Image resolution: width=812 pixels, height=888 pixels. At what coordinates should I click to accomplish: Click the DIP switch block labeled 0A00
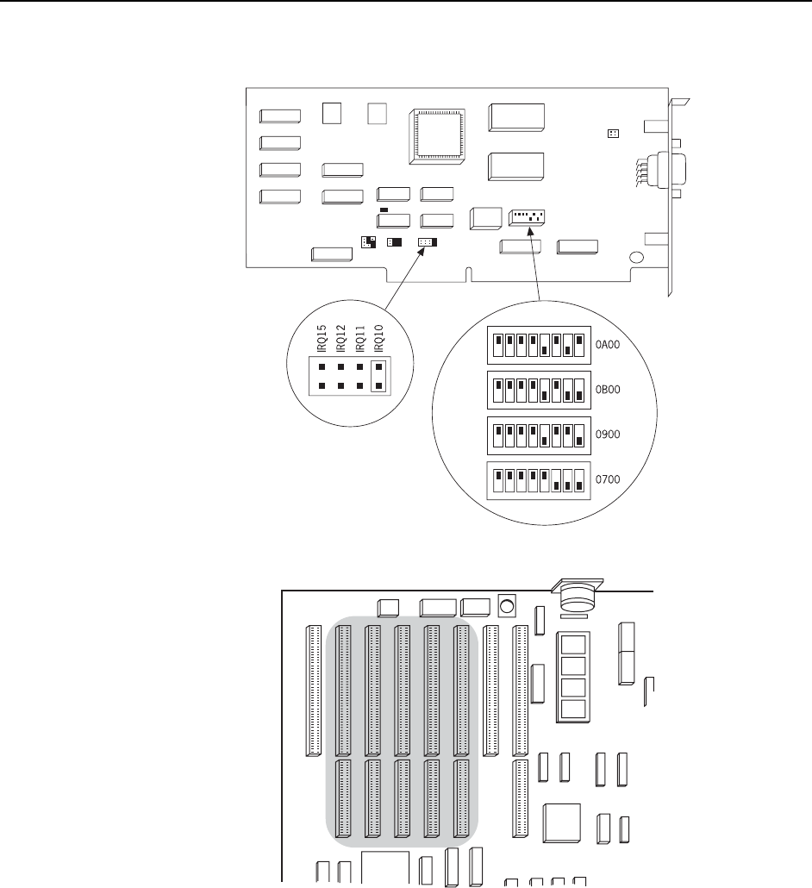pos(538,345)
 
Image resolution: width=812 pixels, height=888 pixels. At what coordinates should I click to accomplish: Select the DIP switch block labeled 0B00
pos(538,390)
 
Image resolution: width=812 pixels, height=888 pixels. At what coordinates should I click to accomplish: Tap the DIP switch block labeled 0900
pos(538,435)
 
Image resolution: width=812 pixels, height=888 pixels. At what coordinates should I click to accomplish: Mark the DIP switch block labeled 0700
pos(538,480)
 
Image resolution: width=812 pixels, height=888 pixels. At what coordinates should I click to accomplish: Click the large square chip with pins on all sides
pos(439,135)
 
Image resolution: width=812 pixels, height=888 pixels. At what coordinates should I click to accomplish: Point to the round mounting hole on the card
pos(636,257)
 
